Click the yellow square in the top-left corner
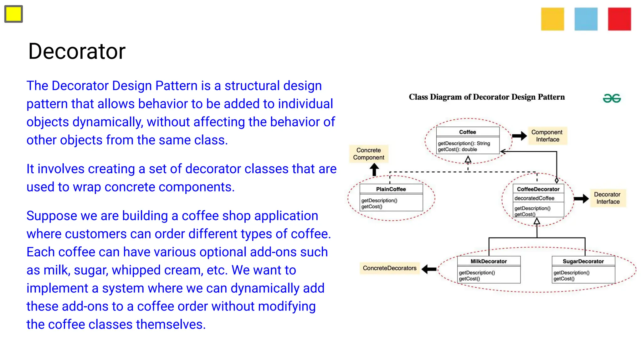coord(13,14)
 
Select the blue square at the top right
coord(586,19)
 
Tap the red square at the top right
coord(619,19)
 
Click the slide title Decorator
coord(77,51)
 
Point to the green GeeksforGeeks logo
coord(612,98)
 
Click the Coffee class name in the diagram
coord(468,132)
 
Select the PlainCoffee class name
coord(391,189)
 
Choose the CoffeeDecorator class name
coord(538,189)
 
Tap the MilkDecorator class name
coord(489,261)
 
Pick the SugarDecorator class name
coord(583,261)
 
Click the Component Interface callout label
coord(547,136)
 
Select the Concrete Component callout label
coord(369,154)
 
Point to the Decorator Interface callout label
coord(608,198)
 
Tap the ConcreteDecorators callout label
coord(390,268)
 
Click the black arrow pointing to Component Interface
coord(520,136)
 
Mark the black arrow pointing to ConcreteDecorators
coord(429,269)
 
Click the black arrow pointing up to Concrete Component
coord(374,170)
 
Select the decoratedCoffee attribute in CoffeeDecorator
coord(534,198)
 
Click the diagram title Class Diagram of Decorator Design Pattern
coord(487,97)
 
